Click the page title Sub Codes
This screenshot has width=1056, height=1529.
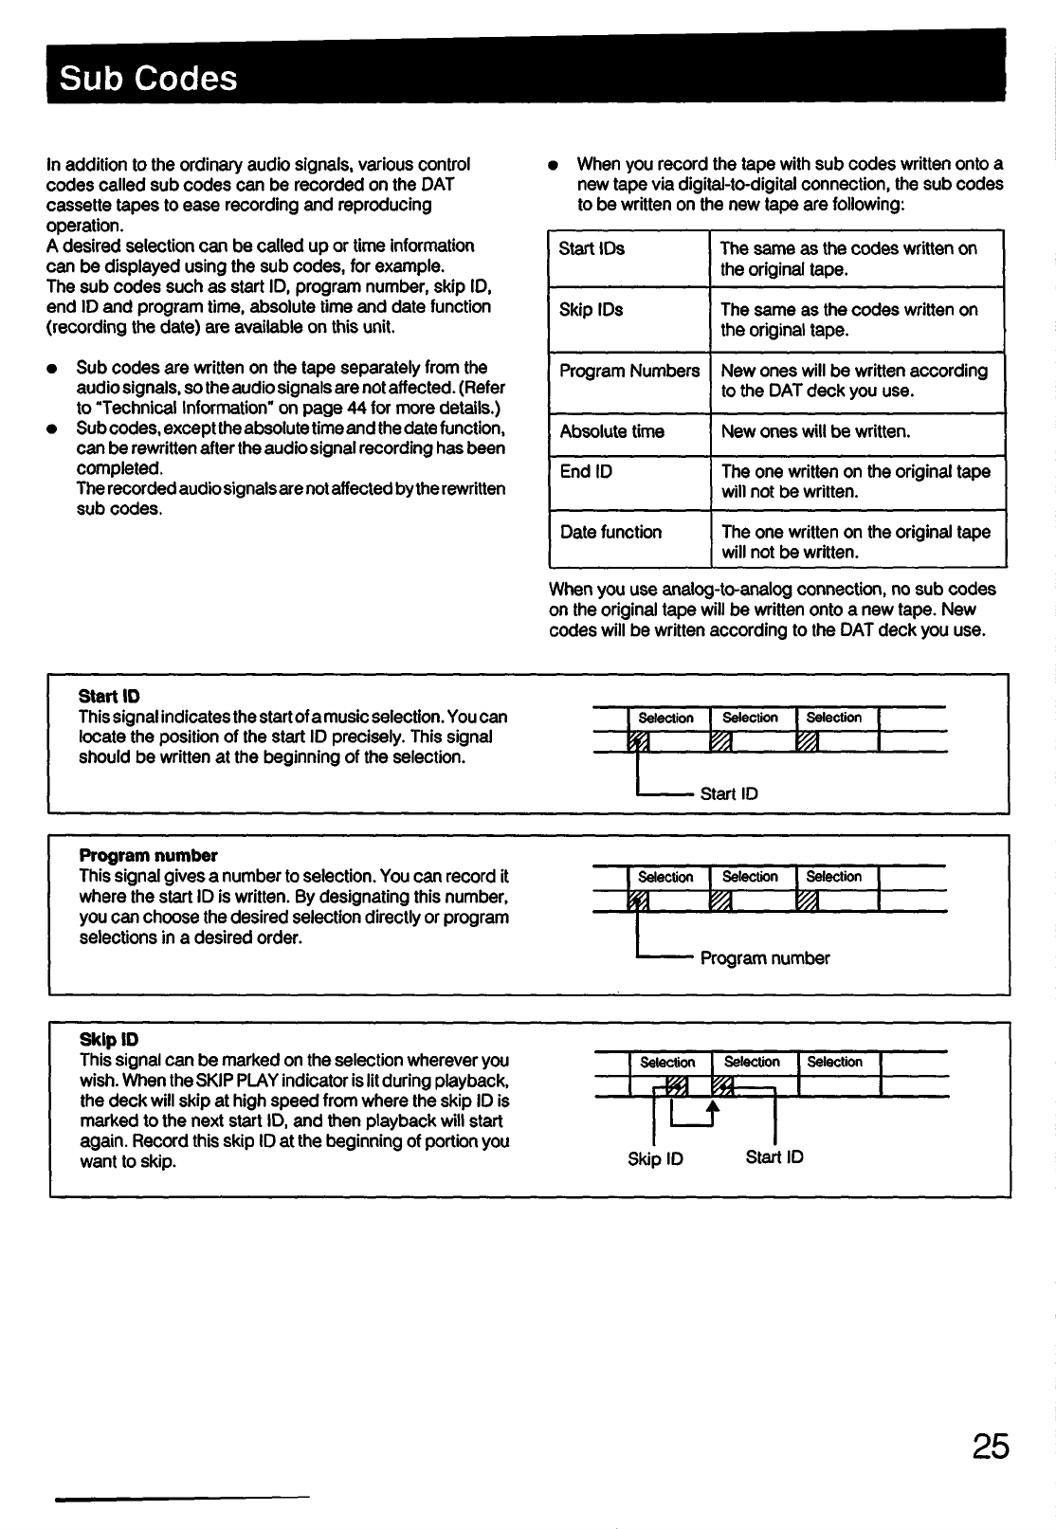[x=148, y=77]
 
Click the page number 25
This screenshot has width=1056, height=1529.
[x=989, y=1447]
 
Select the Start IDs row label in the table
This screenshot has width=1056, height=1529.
[x=592, y=248]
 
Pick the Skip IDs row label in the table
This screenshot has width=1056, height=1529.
[x=591, y=309]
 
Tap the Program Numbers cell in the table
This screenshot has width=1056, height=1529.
[x=629, y=371]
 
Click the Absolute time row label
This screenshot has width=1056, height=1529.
[x=611, y=431]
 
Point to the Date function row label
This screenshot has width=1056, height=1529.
[x=610, y=532]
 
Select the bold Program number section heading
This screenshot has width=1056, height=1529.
[x=148, y=855]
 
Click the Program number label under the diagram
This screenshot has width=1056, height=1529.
[x=764, y=958]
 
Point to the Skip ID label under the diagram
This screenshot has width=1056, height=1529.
[x=655, y=1158]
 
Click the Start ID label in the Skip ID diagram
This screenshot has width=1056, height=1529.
[x=774, y=1156]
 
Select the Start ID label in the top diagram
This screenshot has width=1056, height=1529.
[x=729, y=793]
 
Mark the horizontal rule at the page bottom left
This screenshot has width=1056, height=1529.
[x=183, y=1499]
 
